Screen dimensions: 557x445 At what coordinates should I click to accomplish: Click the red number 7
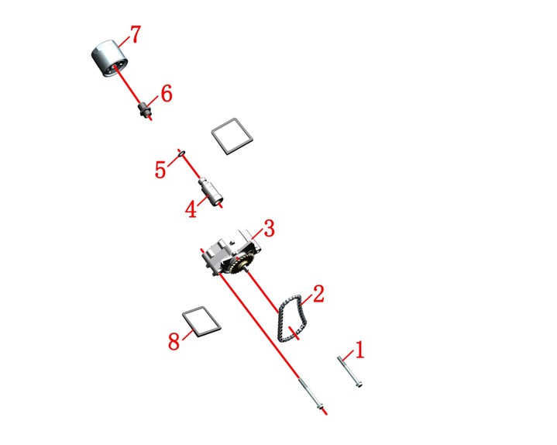pos(135,34)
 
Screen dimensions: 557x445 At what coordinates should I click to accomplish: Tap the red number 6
pos(167,94)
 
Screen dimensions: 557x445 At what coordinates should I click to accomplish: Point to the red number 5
pos(160,169)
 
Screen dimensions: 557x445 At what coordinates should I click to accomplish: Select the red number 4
pos(191,209)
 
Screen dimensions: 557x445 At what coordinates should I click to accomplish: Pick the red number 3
pos(270,228)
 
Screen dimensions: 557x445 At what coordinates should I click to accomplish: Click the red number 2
pos(318,294)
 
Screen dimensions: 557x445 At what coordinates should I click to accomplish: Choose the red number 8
pos(174,341)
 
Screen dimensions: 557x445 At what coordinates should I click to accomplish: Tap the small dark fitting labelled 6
pos(143,109)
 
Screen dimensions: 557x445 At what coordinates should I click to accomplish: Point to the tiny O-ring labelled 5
pos(181,154)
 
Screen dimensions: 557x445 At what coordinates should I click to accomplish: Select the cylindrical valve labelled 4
pos(210,191)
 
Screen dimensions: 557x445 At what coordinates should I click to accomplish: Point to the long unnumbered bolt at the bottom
pos(311,395)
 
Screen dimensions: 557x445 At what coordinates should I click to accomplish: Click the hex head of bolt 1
pos(359,385)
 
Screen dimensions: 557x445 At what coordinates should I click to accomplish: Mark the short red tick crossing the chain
pos(294,333)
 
